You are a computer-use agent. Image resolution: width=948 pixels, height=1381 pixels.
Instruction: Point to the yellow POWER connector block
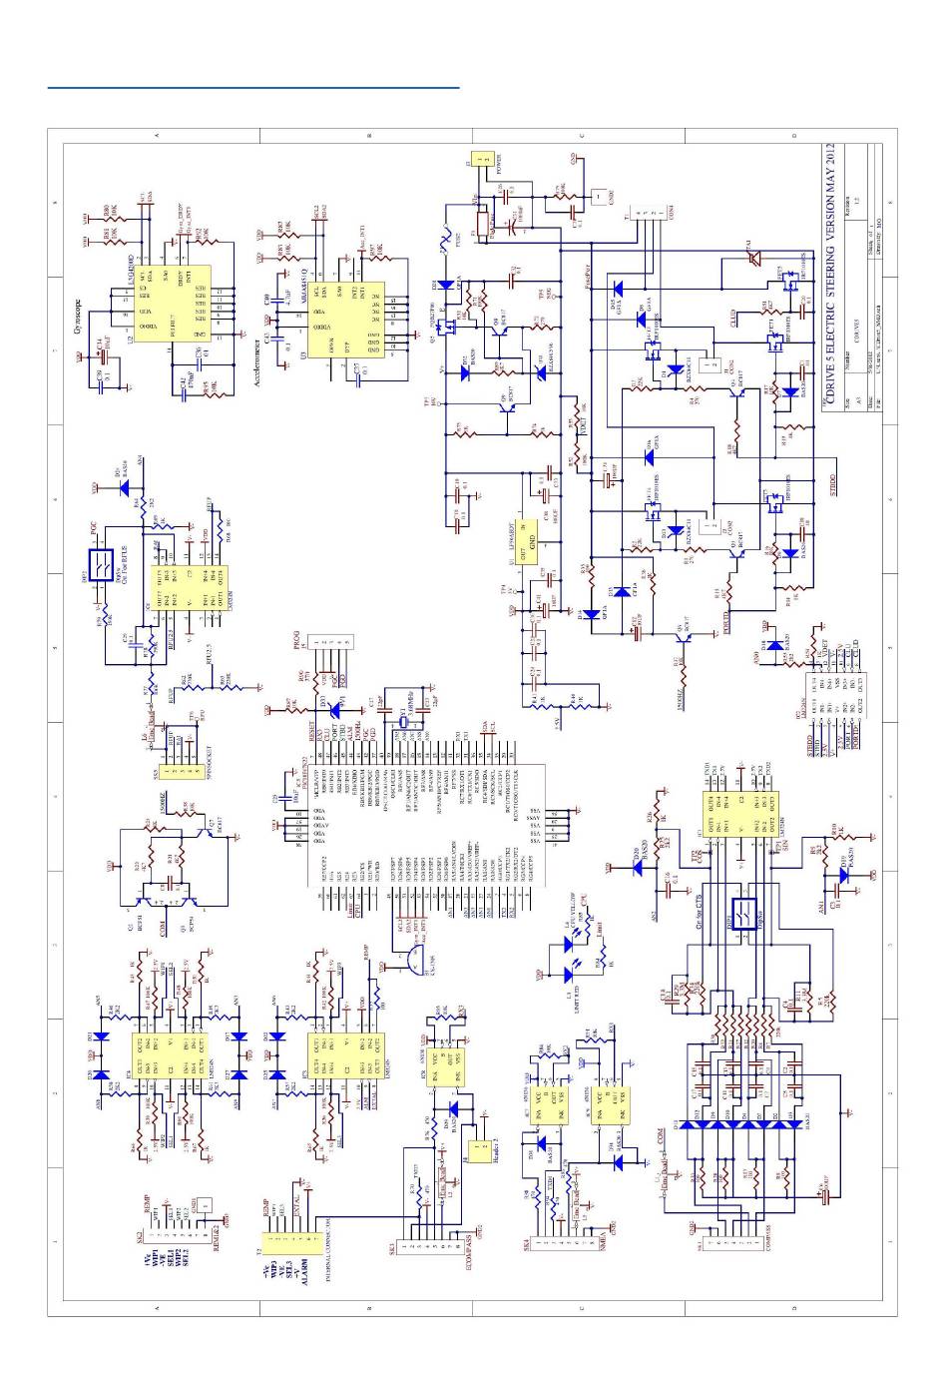tap(483, 159)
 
